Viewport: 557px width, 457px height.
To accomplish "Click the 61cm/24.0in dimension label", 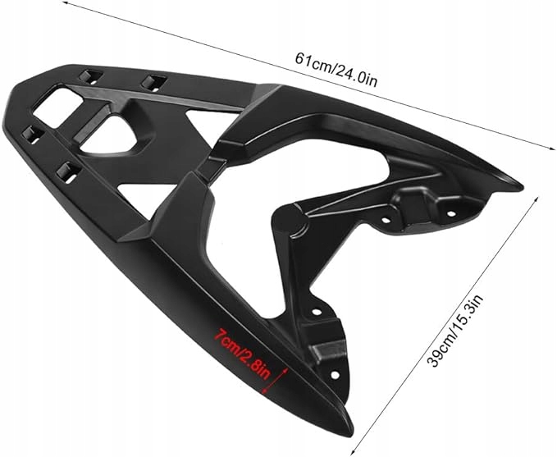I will coord(337,69).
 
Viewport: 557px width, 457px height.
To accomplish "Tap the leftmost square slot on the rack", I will coord(33,132).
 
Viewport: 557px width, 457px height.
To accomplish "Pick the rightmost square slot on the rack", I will coord(152,81).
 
